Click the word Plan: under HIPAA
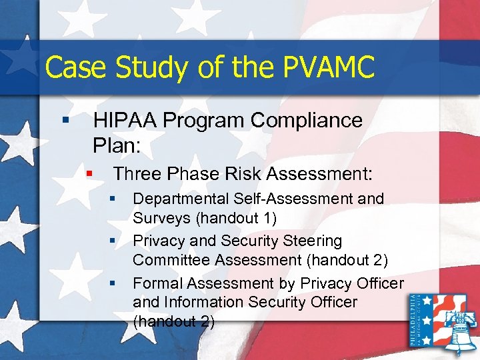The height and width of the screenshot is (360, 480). click(117, 144)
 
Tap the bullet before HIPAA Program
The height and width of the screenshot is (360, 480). click(65, 121)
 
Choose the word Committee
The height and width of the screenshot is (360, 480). click(168, 259)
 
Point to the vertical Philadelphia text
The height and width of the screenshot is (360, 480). click(413, 322)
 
